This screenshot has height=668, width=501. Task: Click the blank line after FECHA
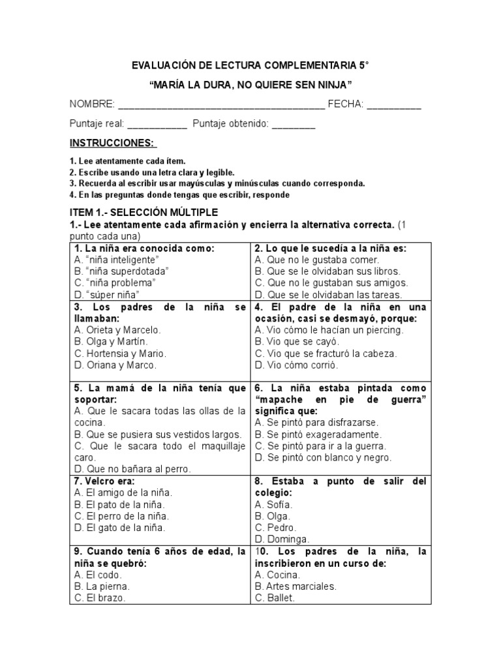tap(393, 105)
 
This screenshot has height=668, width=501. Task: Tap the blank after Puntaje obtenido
tap(293, 125)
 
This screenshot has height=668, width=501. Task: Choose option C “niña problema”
tap(115, 282)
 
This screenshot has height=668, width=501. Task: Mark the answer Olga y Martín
tap(111, 341)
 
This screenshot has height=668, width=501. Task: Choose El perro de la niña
tap(119, 516)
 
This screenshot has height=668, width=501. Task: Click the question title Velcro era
tap(104, 481)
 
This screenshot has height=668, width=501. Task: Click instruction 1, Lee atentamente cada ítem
tap(127, 161)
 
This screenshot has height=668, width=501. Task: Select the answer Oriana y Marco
tap(115, 365)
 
